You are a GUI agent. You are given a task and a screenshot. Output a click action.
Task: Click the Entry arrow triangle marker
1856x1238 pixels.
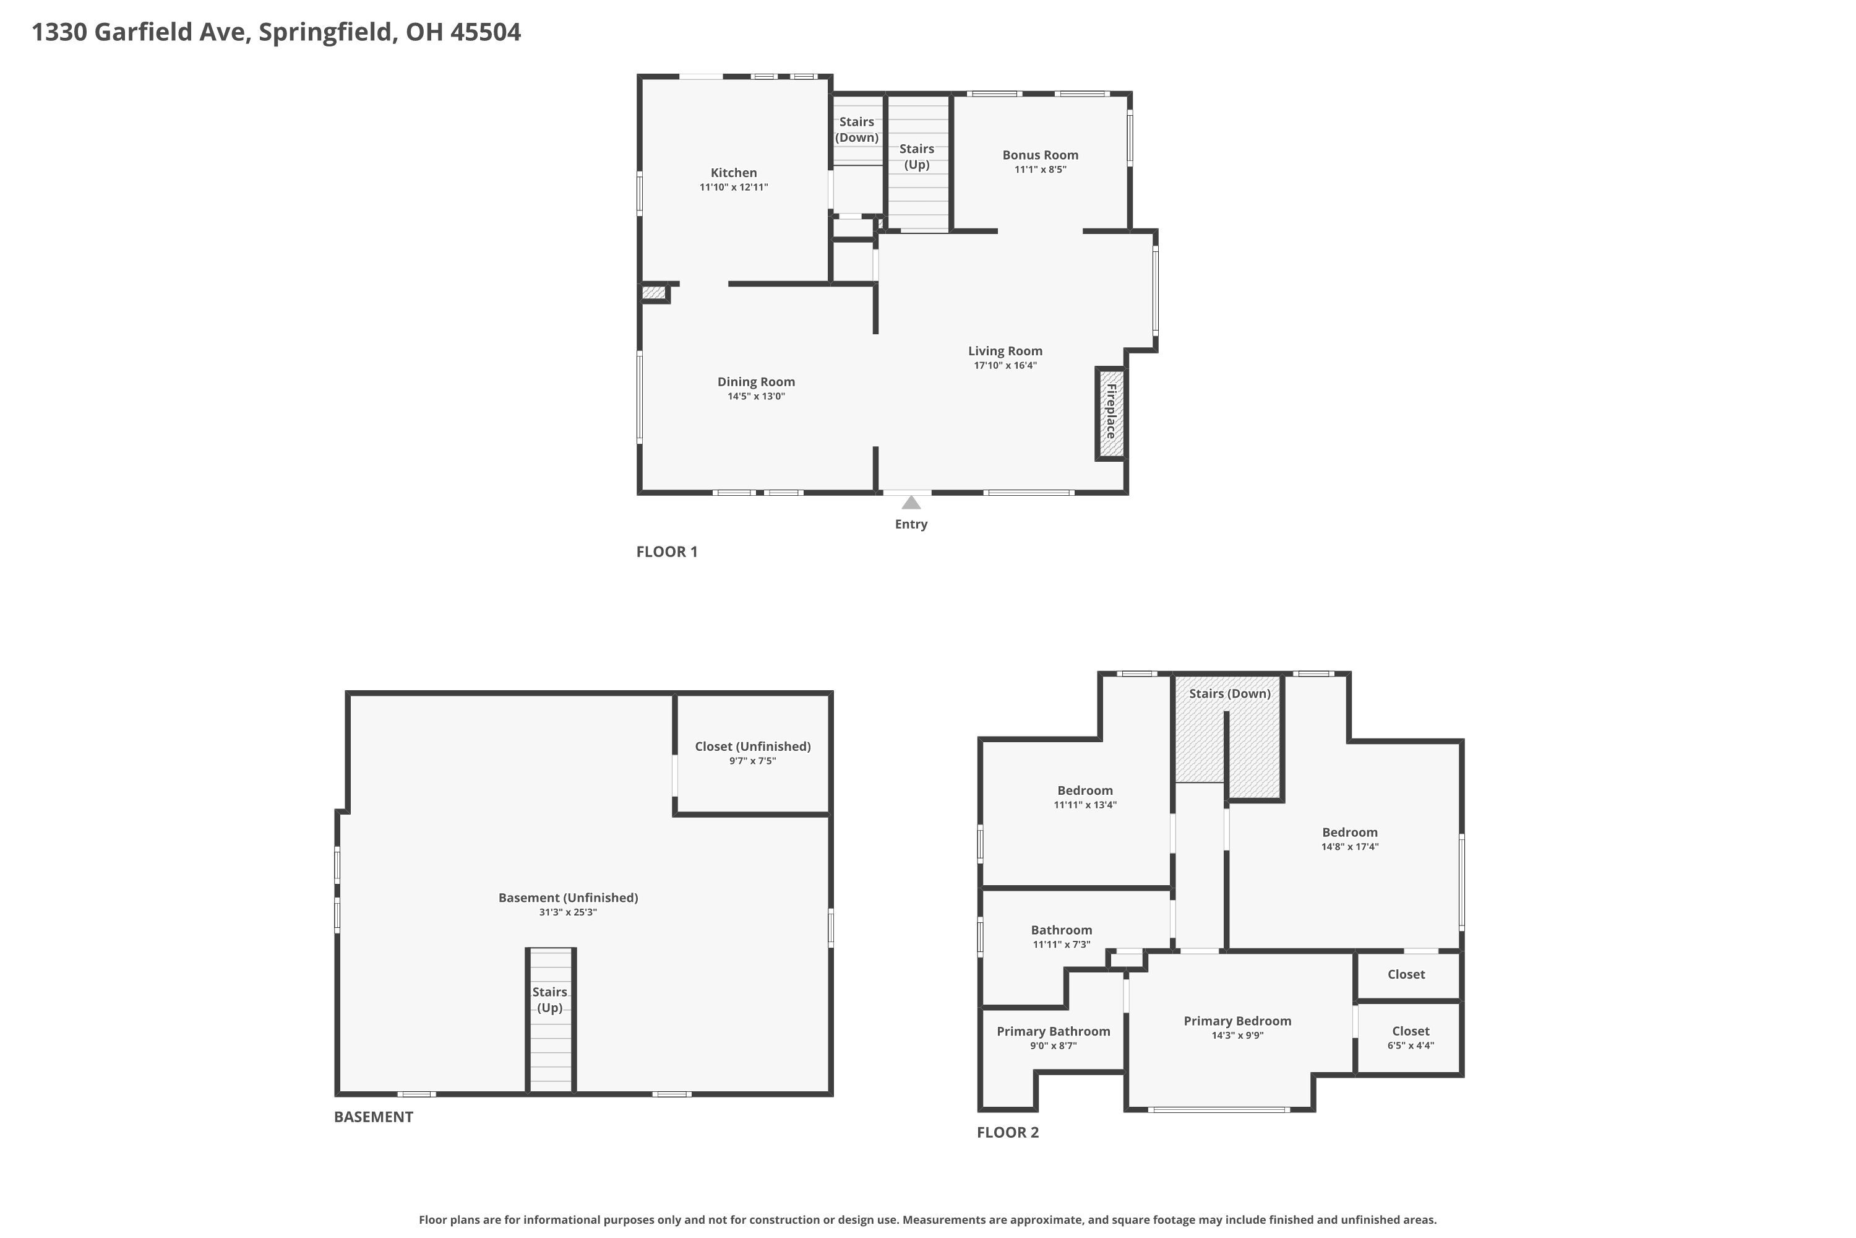911,503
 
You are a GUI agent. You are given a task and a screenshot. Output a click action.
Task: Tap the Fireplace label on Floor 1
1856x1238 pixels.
1111,412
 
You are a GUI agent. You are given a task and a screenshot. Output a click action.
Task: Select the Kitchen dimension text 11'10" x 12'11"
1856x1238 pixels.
733,187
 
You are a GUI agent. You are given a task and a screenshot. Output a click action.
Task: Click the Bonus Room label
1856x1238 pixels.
1040,155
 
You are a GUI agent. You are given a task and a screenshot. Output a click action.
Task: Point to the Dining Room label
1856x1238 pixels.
756,381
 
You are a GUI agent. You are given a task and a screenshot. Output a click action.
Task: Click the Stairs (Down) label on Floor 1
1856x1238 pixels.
856,129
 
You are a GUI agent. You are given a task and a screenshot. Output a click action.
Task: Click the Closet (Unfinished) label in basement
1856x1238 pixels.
752,746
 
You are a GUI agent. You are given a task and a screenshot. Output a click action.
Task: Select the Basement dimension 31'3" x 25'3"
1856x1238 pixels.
567,912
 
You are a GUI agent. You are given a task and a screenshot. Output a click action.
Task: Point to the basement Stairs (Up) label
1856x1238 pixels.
549,1000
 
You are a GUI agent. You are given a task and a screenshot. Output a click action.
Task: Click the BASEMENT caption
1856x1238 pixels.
373,1117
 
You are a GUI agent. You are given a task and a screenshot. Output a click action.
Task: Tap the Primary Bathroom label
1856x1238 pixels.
1053,1031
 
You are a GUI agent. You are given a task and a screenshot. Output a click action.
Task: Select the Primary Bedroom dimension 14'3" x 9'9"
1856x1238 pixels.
1237,1036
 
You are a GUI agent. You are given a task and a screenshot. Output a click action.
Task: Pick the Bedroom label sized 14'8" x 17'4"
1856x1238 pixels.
1349,832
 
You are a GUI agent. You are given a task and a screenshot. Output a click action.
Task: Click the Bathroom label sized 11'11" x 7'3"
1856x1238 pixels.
1062,930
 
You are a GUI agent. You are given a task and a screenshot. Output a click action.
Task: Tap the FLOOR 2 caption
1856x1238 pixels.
1008,1132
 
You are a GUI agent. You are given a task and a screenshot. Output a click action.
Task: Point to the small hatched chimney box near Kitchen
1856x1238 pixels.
653,293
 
